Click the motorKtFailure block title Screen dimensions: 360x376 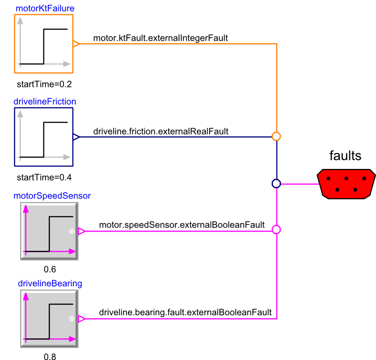[x=45, y=8]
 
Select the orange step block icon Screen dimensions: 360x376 [x=44, y=44]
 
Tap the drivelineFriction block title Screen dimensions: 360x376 [x=45, y=102]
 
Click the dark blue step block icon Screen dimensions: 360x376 [x=44, y=137]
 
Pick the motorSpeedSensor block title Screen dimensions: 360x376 [x=52, y=196]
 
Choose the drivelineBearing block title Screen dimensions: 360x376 [x=50, y=283]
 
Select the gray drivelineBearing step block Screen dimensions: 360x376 [x=49, y=319]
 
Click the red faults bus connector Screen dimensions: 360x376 [x=346, y=184]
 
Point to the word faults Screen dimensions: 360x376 [x=345, y=156]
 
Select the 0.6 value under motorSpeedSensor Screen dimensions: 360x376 [x=49, y=270]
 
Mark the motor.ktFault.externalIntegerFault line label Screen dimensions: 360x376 [x=161, y=38]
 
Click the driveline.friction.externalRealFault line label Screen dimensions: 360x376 [x=161, y=131]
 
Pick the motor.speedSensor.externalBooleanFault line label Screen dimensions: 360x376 [x=182, y=225]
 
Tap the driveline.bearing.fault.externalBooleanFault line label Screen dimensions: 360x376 [x=185, y=312]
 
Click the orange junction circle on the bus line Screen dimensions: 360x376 [x=276, y=136]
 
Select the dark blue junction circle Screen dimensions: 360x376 [x=276, y=184]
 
